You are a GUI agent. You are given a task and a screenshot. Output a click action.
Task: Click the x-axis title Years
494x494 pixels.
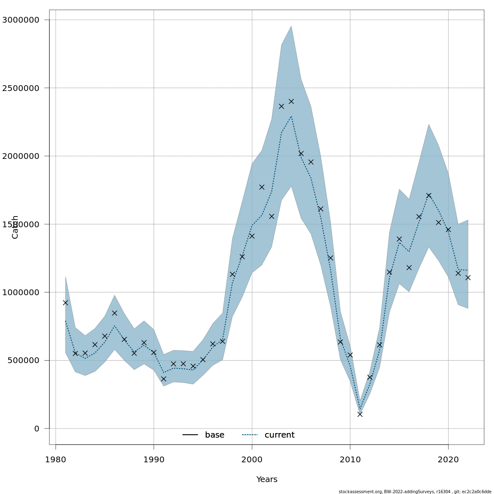[267, 480]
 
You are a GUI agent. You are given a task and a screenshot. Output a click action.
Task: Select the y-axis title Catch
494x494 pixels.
[15, 227]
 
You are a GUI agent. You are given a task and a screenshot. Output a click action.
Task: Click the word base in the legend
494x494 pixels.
[214, 435]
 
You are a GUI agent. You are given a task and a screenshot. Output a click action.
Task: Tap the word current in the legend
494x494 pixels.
[280, 435]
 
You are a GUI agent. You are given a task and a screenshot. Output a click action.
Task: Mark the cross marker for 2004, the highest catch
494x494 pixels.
[291, 101]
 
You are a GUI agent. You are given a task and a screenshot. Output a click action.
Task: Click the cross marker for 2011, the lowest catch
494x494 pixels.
[360, 414]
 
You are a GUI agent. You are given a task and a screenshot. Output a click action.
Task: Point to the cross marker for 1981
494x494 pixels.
[65, 303]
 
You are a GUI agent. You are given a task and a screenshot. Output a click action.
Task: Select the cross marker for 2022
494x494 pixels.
[468, 277]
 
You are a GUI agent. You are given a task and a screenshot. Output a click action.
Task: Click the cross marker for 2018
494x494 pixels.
[429, 196]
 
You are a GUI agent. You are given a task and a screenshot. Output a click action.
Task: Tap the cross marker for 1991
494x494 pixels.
[163, 379]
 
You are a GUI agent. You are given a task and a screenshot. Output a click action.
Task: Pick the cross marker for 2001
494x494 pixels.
[262, 187]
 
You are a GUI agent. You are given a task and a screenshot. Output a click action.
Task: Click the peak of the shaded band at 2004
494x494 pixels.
[291, 26]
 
